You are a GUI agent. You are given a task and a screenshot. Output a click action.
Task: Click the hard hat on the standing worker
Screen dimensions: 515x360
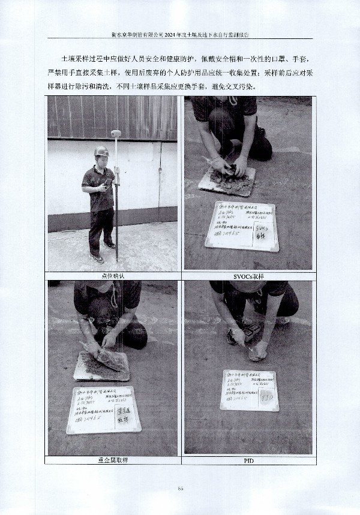pyautogui.click(x=102, y=151)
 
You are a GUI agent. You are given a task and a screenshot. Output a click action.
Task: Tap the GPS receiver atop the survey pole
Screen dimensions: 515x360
pyautogui.click(x=116, y=133)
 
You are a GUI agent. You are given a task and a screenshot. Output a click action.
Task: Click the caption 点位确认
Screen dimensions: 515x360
pyautogui.click(x=112, y=276)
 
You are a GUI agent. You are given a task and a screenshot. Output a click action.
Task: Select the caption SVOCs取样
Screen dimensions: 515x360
pyautogui.click(x=248, y=276)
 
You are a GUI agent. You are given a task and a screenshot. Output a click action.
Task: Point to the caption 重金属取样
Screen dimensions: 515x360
pyautogui.click(x=112, y=460)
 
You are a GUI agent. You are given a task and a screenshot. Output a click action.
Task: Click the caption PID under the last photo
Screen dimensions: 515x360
pyautogui.click(x=248, y=460)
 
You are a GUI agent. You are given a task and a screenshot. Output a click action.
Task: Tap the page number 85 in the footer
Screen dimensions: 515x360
pyautogui.click(x=180, y=489)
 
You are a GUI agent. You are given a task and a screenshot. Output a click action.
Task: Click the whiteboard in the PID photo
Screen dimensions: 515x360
pyautogui.click(x=248, y=390)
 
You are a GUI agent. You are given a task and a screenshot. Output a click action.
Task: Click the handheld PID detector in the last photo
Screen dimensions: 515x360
pyautogui.click(x=251, y=332)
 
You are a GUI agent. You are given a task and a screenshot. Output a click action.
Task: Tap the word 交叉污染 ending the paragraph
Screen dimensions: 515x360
pyautogui.click(x=249, y=86)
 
